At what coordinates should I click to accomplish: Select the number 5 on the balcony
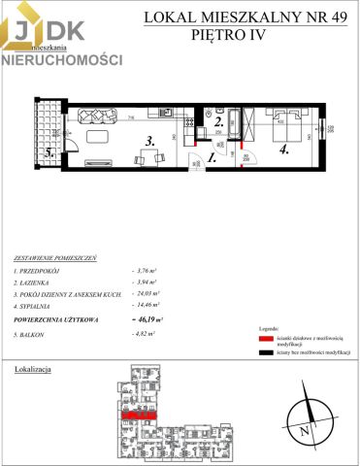coord(48,152)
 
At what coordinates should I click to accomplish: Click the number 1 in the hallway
coord(212,156)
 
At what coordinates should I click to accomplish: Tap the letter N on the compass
coord(304,428)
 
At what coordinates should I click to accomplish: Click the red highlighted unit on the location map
coord(140,415)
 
